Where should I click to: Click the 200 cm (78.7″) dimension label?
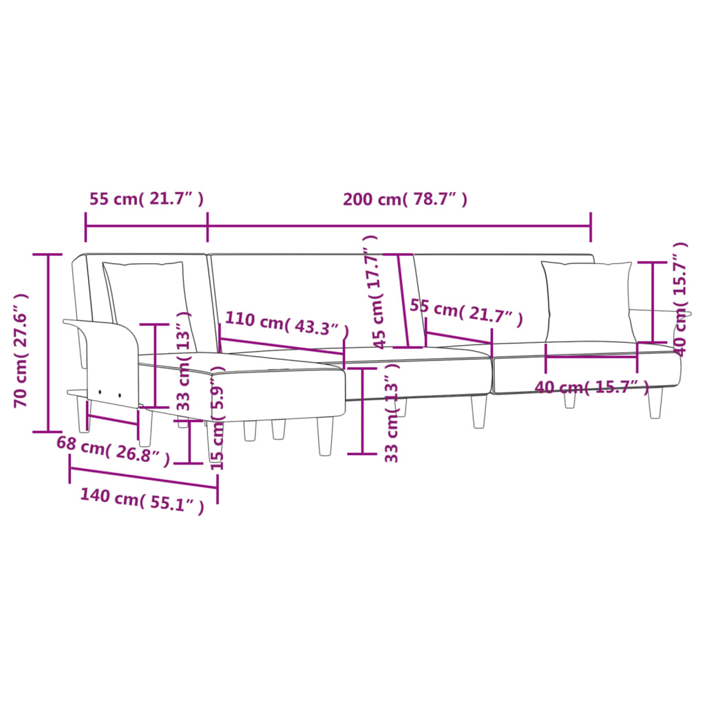click(x=406, y=200)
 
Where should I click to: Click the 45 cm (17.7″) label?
click(x=372, y=290)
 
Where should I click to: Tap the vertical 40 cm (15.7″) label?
click(x=680, y=298)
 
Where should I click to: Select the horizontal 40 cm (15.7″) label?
click(x=592, y=388)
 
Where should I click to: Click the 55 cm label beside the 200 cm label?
click(x=147, y=200)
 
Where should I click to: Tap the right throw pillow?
click(x=587, y=301)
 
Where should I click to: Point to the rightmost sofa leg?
click(x=655, y=403)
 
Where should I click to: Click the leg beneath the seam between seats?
click(x=478, y=412)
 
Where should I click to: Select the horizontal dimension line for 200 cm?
click(x=399, y=224)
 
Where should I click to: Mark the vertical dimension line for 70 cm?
click(x=48, y=343)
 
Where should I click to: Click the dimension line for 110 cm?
click(x=282, y=346)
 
